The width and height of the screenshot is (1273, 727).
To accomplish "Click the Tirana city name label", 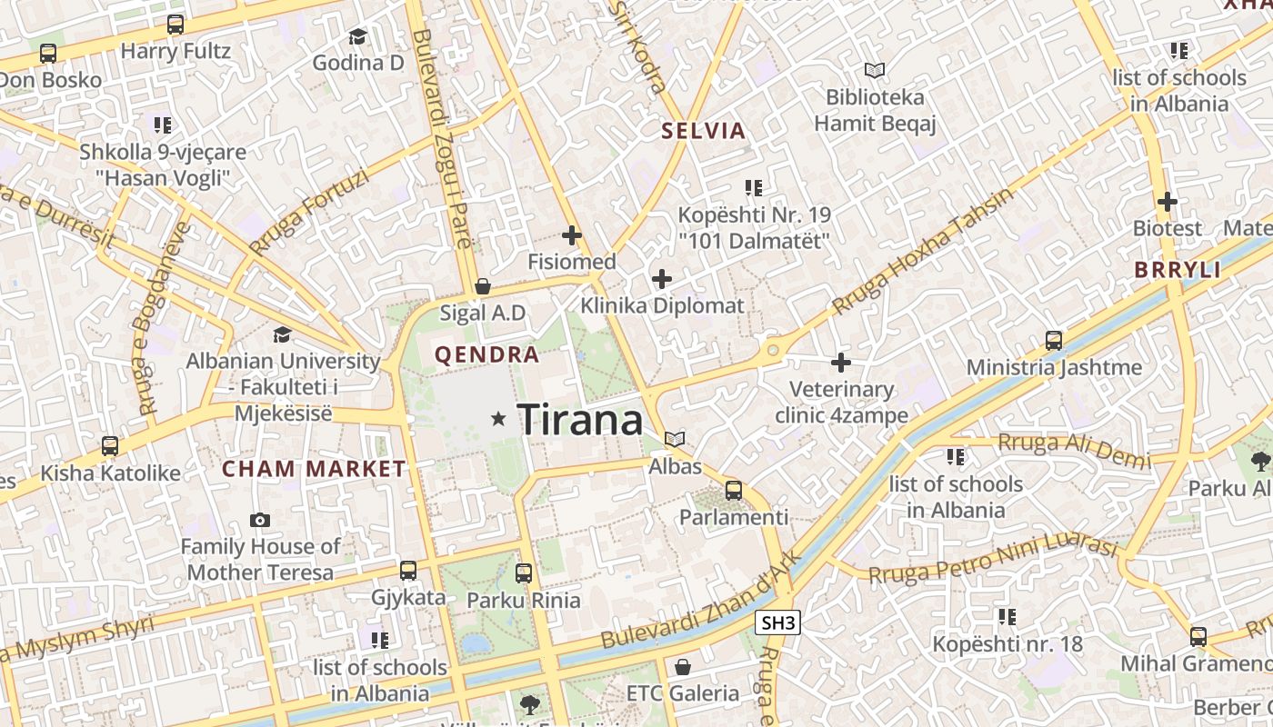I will [x=580, y=420].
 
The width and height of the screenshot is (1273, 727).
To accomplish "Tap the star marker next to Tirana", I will [x=497, y=419].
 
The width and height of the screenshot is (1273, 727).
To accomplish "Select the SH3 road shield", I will [x=777, y=622].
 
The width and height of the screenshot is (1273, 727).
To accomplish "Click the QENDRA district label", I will [x=486, y=354].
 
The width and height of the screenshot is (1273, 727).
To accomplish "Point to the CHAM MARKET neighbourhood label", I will [x=314, y=469].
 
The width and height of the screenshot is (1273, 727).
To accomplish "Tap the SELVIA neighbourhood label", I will [x=703, y=131].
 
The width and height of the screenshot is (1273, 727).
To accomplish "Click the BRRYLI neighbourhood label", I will [x=1177, y=270].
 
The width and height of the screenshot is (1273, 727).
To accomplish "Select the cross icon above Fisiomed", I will [x=571, y=235].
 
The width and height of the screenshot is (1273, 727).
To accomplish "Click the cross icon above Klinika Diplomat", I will [x=662, y=278].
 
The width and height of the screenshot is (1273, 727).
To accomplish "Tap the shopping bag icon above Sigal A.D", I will [x=483, y=286].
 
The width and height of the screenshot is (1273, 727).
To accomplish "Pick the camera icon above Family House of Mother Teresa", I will [x=260, y=520].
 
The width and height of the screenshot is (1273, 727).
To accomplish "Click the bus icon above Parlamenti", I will [x=734, y=491].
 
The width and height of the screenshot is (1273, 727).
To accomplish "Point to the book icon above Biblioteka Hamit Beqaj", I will [x=874, y=70].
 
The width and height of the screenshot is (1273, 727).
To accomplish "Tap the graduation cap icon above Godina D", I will [x=357, y=36].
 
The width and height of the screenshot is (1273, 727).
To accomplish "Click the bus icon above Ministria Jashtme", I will [x=1054, y=341].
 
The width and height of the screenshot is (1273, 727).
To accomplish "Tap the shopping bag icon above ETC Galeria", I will [x=682, y=667].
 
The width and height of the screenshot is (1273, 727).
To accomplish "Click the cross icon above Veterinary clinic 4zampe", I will [x=841, y=363].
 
